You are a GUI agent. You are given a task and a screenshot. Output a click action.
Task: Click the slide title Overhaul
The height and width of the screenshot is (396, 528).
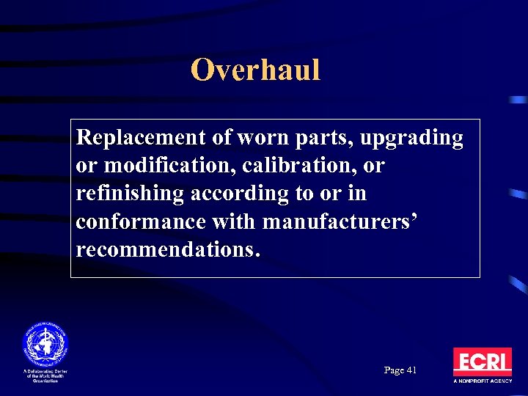(x=255, y=70)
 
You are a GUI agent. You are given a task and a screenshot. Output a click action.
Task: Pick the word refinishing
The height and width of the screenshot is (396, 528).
(x=131, y=194)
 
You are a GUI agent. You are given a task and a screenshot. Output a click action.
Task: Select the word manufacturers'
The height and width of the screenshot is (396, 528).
(x=340, y=221)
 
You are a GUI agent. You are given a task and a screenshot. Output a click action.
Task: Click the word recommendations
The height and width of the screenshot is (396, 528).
(x=167, y=249)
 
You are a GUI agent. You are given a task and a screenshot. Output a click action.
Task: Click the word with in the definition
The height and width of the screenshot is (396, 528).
(x=235, y=221)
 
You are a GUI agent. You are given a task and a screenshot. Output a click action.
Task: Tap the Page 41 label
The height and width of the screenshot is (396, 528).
(x=400, y=370)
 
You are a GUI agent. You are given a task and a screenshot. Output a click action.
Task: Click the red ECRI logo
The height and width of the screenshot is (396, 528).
(x=482, y=362)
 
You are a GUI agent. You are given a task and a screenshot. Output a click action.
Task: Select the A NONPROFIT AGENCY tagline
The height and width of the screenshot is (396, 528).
(x=482, y=382)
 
